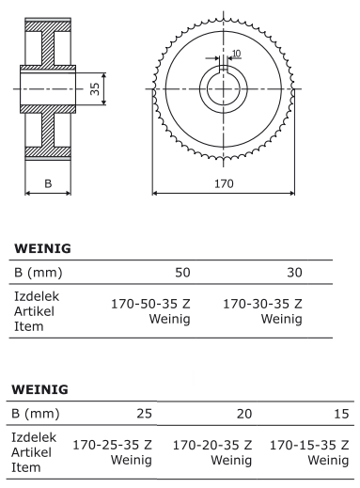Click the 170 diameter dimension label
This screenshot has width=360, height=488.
(224, 183)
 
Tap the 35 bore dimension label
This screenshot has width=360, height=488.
(94, 89)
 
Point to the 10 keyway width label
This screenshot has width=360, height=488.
(237, 54)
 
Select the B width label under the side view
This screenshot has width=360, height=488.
(48, 183)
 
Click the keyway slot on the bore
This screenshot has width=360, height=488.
(223, 68)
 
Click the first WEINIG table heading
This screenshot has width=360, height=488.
(42, 248)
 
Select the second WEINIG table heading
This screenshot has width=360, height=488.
(39, 389)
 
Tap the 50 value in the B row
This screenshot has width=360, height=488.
(182, 273)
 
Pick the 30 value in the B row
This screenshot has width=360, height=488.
(294, 273)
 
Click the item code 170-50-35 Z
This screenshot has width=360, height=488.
(150, 304)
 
